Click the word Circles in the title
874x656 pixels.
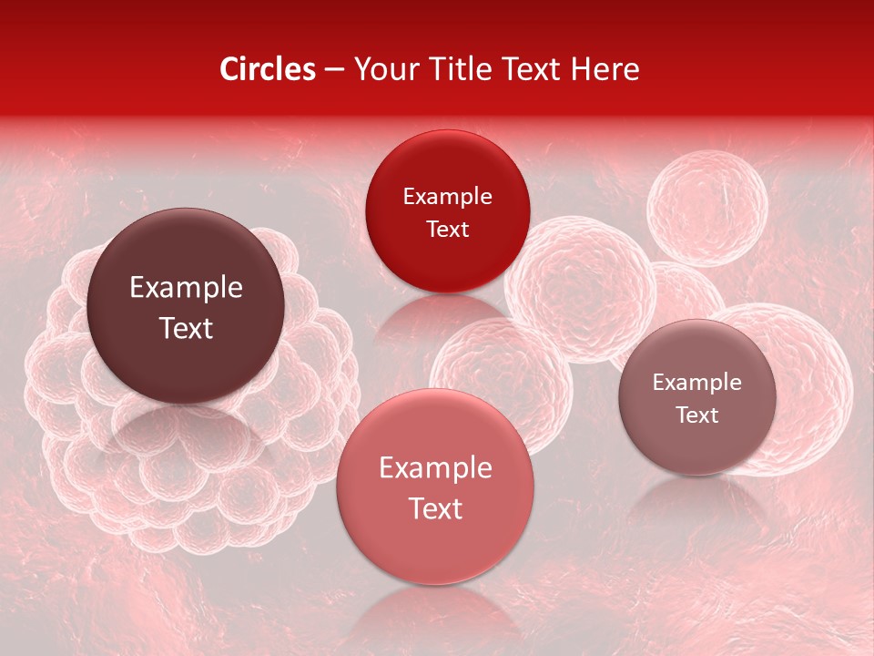(268, 69)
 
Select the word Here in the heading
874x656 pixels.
(606, 69)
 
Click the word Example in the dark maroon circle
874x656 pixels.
(186, 288)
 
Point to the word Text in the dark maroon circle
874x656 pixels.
(186, 328)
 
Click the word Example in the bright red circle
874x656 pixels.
(447, 197)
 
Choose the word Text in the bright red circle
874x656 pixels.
(447, 230)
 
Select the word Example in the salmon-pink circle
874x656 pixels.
(435, 468)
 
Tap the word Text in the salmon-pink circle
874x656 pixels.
(435, 508)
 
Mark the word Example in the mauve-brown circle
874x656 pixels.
(696, 383)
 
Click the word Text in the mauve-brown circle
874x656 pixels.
(696, 415)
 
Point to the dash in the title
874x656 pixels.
(334, 70)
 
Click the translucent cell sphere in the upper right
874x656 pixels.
(707, 208)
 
